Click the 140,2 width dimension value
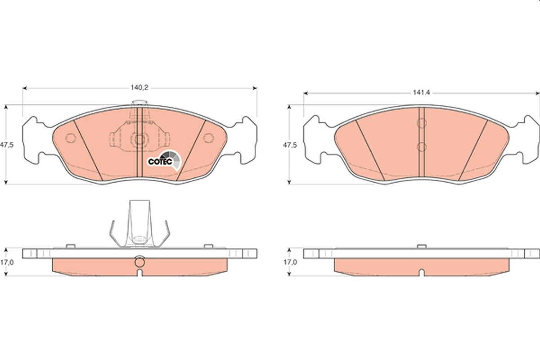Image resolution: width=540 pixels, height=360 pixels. click(x=139, y=87)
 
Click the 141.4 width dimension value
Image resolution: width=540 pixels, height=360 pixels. click(x=421, y=92)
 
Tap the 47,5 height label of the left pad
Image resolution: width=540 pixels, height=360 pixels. click(x=7, y=145)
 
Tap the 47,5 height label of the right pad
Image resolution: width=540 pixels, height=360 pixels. click(x=290, y=145)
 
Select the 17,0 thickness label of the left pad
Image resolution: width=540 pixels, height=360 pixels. click(x=7, y=262)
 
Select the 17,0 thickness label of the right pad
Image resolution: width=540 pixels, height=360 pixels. click(x=290, y=262)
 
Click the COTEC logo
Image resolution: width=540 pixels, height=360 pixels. click(x=164, y=160)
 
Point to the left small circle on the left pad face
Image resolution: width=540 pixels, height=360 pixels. click(x=70, y=138)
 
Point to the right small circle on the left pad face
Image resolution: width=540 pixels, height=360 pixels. click(x=208, y=138)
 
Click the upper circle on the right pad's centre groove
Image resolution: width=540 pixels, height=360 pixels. click(x=422, y=123)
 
